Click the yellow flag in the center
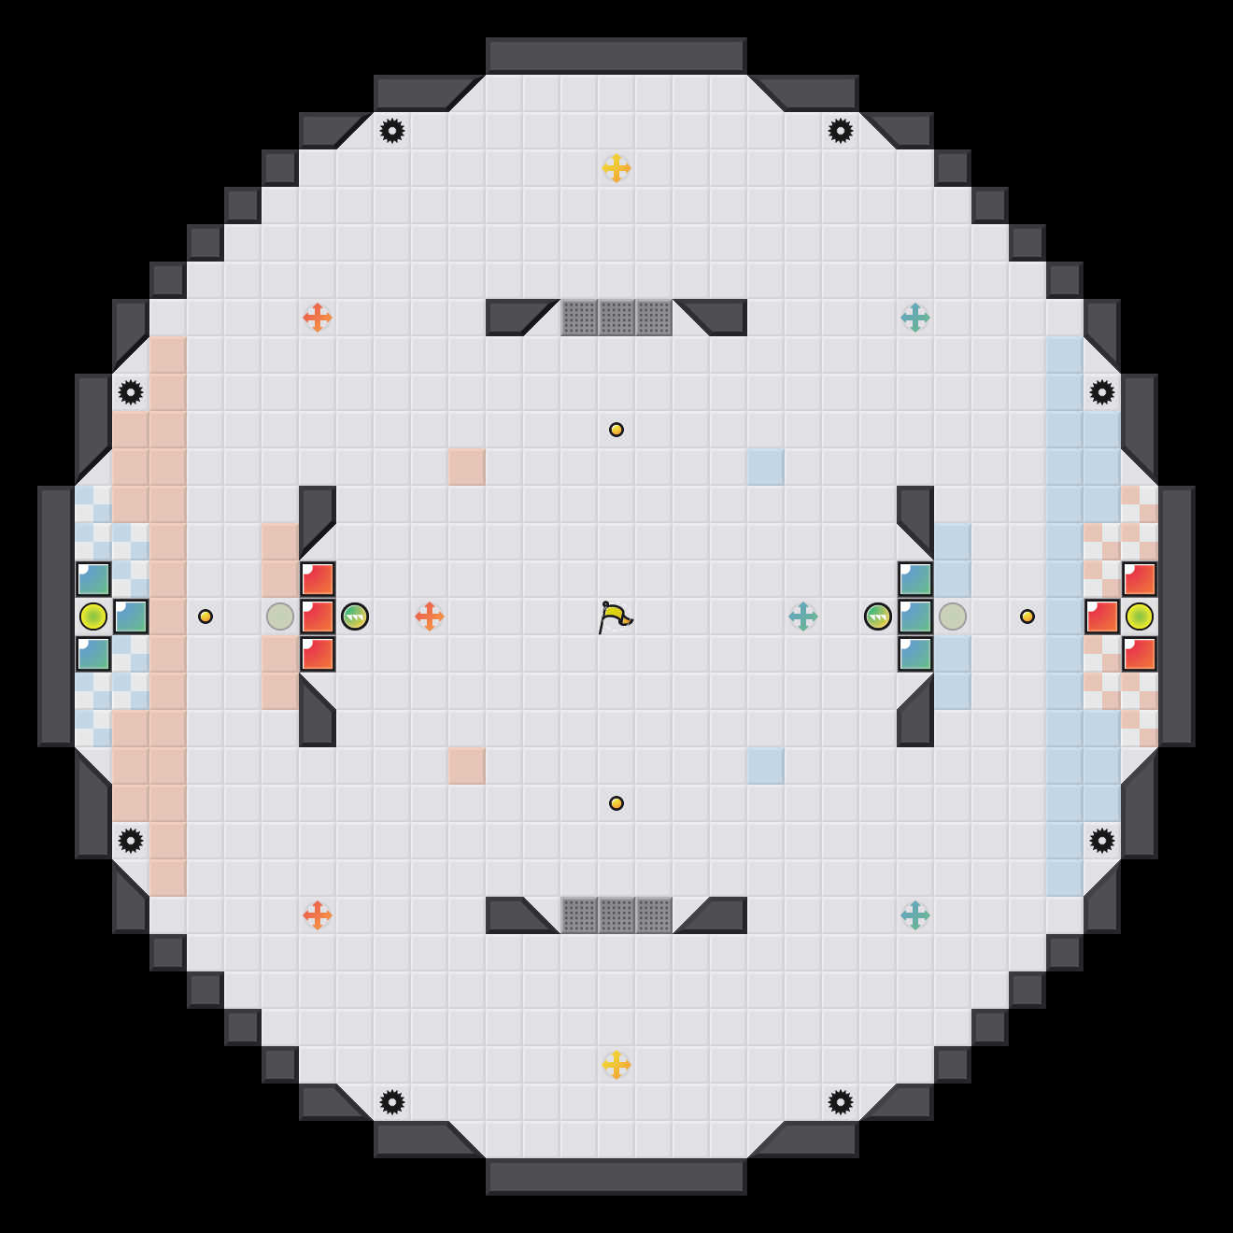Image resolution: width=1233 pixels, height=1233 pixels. click(615, 616)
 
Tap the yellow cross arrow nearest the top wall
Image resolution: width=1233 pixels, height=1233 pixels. click(616, 168)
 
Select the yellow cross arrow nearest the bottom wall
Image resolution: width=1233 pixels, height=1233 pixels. click(616, 1065)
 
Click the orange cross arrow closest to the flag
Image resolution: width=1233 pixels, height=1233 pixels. click(430, 616)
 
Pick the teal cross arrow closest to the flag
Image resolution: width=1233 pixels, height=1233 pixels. click(803, 616)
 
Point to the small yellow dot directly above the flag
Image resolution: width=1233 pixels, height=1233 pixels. click(616, 430)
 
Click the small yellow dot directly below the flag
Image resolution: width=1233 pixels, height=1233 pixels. click(616, 803)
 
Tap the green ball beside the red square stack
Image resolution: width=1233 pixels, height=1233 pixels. click(355, 616)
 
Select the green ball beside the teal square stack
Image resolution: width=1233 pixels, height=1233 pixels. click(878, 616)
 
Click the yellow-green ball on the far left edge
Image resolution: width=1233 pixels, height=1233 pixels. click(93, 616)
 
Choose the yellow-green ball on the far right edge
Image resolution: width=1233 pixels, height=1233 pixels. click(1140, 616)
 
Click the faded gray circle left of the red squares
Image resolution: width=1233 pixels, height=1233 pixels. click(280, 616)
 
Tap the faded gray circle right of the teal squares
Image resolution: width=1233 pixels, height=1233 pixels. click(953, 616)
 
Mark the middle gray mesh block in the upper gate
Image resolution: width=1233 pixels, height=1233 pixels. click(616, 318)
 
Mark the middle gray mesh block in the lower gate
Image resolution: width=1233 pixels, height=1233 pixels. click(616, 915)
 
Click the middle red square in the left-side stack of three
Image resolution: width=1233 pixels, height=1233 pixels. click(318, 616)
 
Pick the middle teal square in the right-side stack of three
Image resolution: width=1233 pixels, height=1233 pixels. click(915, 616)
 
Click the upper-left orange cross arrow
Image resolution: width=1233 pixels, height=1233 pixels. click(318, 318)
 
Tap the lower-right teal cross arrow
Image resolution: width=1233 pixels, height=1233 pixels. click(915, 915)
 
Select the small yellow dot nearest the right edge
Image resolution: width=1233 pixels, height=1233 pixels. click(1027, 616)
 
